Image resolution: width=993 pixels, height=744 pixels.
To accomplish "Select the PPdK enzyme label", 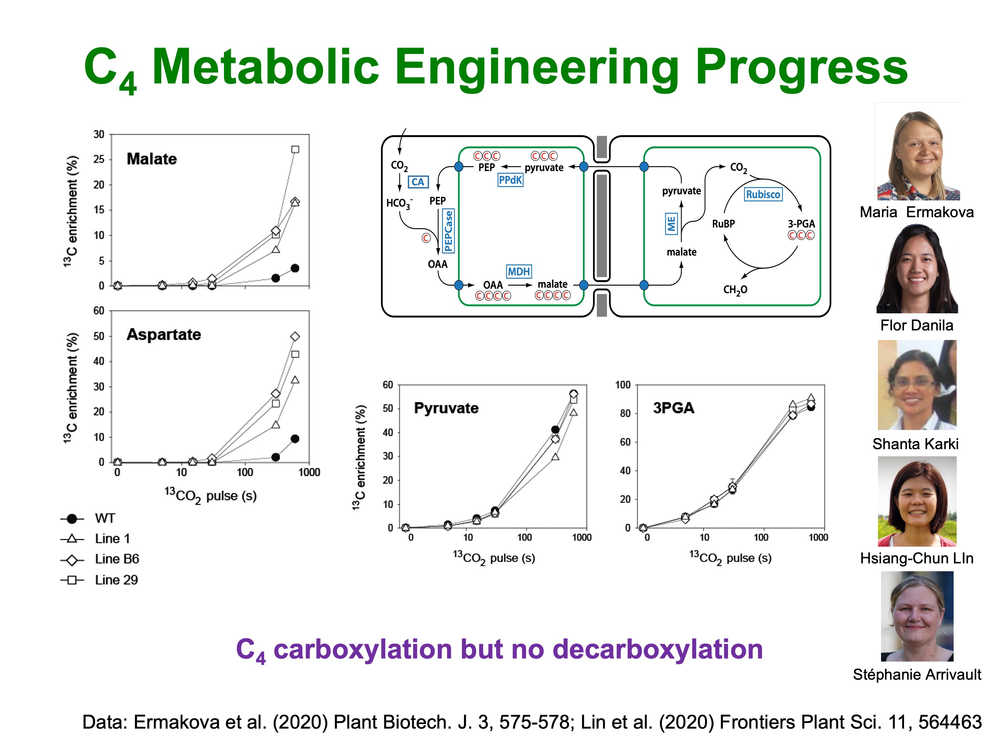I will pyautogui.click(x=511, y=180).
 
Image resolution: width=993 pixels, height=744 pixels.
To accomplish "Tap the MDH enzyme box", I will pyautogui.click(x=519, y=271).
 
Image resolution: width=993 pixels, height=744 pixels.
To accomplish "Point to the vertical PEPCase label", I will pyautogui.click(x=449, y=231).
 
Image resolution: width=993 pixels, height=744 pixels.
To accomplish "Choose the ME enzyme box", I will pyautogui.click(x=671, y=223).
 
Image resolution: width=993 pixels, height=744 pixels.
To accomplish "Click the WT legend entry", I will pyautogui.click(x=104, y=519).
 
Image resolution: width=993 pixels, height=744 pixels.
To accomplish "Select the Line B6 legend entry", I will pyautogui.click(x=117, y=559).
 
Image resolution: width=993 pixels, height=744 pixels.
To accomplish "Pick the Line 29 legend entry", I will pyautogui.click(x=116, y=580).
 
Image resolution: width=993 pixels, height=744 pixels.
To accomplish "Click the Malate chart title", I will pyautogui.click(x=152, y=159).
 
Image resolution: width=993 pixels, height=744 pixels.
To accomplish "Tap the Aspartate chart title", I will pyautogui.click(x=164, y=335).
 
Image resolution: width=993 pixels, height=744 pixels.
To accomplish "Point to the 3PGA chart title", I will pyautogui.click(x=674, y=408).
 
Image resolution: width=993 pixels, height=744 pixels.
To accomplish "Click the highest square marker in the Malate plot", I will pyautogui.click(x=295, y=149).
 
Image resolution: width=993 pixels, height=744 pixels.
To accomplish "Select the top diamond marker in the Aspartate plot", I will pyautogui.click(x=295, y=336).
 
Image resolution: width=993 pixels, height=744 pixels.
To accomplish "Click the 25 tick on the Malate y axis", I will pyautogui.click(x=99, y=159).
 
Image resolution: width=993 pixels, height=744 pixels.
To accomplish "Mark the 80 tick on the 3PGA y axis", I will pyautogui.click(x=625, y=414).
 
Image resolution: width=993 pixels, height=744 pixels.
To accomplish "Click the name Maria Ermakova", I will pyautogui.click(x=917, y=212).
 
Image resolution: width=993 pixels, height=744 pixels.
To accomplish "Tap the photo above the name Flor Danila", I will pyautogui.click(x=917, y=269).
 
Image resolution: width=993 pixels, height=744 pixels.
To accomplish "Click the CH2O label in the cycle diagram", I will pyautogui.click(x=735, y=290).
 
